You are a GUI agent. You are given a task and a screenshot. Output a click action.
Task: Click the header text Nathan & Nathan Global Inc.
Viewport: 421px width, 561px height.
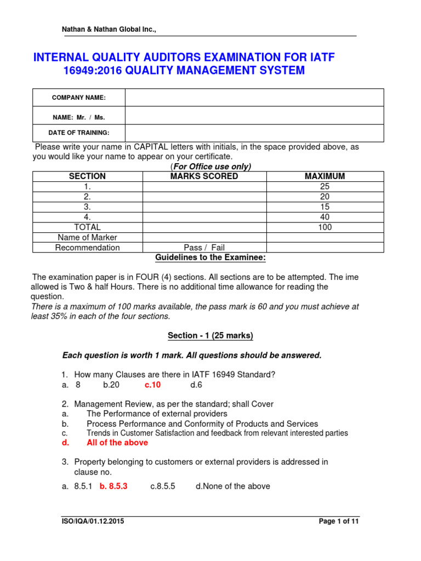point(109,29)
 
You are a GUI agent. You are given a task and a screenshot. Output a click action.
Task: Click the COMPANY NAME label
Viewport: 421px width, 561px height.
point(78,98)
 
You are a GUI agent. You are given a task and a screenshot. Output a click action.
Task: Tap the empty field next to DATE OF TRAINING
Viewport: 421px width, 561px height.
point(254,133)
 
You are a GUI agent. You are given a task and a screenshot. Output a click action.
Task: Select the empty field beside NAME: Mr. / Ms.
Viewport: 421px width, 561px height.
point(254,116)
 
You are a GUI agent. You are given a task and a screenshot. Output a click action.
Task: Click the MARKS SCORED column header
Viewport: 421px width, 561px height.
point(204,176)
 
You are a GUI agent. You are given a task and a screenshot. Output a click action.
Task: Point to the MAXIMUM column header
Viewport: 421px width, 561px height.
point(325,176)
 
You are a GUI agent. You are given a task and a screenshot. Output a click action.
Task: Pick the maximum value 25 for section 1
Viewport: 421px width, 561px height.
point(325,187)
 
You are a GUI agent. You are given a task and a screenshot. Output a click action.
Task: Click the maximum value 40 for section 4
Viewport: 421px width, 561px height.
point(325,217)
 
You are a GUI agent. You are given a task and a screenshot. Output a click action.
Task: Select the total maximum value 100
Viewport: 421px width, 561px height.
point(325,227)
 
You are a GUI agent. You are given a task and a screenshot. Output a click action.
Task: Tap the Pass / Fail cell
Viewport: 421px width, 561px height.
point(204,248)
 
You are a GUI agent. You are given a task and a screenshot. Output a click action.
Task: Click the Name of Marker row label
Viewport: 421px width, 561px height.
point(87,237)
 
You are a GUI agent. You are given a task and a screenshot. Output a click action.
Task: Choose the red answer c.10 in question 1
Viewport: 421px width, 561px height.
point(152,385)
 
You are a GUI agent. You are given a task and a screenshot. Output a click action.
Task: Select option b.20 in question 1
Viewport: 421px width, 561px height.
point(111,385)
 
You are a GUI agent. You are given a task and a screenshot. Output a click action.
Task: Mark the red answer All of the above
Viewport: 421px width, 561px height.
point(113,443)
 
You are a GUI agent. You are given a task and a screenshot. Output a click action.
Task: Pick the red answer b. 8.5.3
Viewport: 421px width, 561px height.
point(113,486)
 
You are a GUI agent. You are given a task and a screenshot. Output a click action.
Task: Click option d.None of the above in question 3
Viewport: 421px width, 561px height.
point(232,486)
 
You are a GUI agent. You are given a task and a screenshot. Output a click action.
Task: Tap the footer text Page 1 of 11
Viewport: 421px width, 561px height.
point(339,522)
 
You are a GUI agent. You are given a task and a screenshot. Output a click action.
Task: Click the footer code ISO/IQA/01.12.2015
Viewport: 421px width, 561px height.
point(93,522)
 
